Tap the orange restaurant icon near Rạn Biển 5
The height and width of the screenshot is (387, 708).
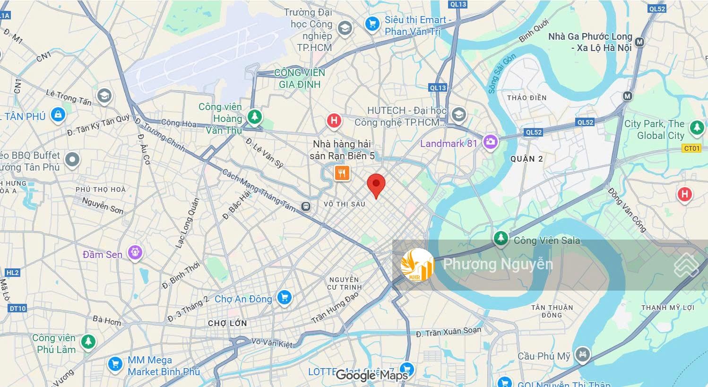342,173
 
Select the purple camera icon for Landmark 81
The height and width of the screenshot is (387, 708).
491,142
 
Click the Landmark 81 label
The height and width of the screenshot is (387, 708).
449,143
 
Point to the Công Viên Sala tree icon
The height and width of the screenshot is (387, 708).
501,239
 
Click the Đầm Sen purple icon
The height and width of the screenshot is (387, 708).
135,252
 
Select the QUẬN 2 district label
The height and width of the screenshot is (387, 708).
527,159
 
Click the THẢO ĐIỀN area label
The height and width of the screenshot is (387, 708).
527,98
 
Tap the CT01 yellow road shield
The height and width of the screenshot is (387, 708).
691,148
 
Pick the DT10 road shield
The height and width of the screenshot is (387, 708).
17,308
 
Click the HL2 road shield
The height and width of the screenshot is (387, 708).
12,273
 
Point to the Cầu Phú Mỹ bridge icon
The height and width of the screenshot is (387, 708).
582,355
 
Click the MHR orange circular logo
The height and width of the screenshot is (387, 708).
417,265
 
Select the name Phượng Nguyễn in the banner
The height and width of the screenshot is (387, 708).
498,264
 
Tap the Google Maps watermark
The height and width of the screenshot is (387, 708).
371,376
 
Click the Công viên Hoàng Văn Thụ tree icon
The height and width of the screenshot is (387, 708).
255,117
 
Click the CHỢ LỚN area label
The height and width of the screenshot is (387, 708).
227,323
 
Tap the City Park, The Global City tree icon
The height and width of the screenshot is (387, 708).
696,128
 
